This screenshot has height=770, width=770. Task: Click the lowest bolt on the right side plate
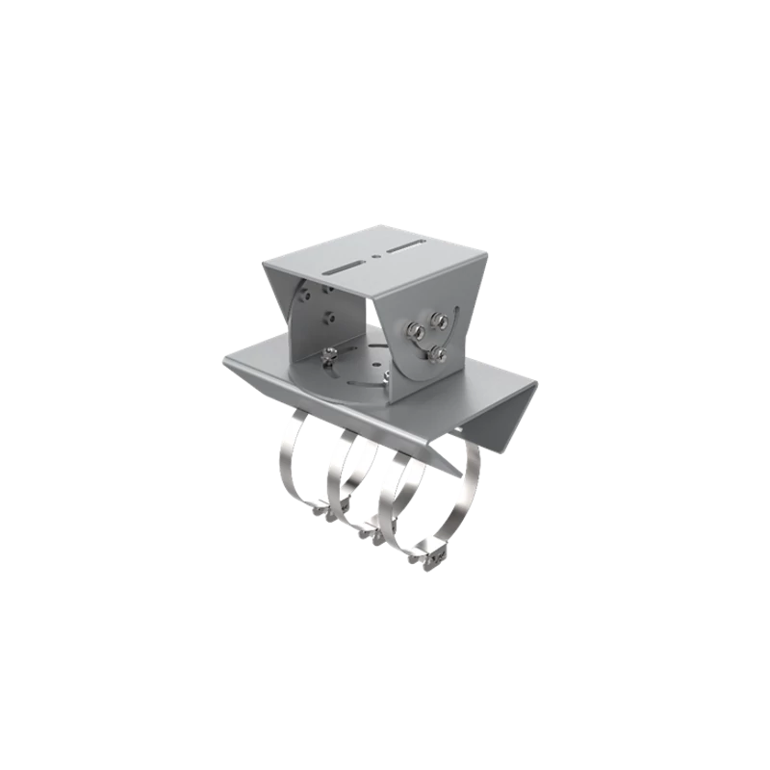(436, 355)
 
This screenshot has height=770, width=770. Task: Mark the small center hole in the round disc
(357, 370)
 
